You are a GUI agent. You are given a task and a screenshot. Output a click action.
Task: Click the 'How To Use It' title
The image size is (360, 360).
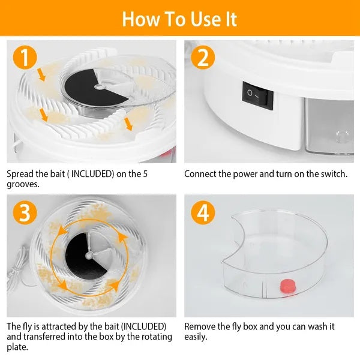(179, 19)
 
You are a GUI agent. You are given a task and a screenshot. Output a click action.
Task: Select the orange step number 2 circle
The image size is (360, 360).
(203, 58)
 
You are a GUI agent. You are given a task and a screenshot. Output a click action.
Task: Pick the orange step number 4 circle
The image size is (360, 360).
(203, 212)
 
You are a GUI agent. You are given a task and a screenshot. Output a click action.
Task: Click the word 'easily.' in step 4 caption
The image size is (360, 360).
(197, 337)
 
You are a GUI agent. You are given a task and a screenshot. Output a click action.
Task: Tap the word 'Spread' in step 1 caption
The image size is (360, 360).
(20, 174)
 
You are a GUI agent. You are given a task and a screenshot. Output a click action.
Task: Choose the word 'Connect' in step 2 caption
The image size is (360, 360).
(202, 174)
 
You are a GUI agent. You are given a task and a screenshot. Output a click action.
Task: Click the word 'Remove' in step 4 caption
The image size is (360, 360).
(200, 327)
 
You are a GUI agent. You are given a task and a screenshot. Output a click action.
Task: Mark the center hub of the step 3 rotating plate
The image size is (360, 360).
(89, 254)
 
